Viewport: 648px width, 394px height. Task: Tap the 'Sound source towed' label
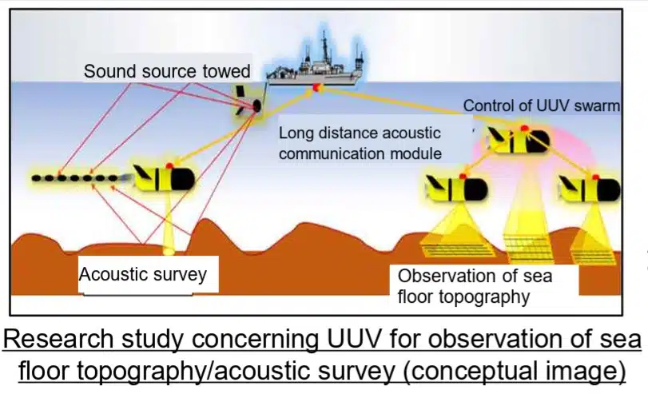pyautogui.click(x=166, y=71)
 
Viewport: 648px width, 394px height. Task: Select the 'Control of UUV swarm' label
pyautogui.click(x=541, y=105)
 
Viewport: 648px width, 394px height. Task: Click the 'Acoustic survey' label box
pyautogui.click(x=143, y=275)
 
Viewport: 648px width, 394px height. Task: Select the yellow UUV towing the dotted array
pyautogui.click(x=165, y=178)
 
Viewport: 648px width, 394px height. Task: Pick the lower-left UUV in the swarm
pyautogui.click(x=456, y=189)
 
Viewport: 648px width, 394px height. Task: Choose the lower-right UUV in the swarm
pyautogui.click(x=590, y=189)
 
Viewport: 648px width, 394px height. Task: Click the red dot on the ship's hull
pyautogui.click(x=317, y=86)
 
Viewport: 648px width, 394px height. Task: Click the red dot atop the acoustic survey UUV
pyautogui.click(x=170, y=165)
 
